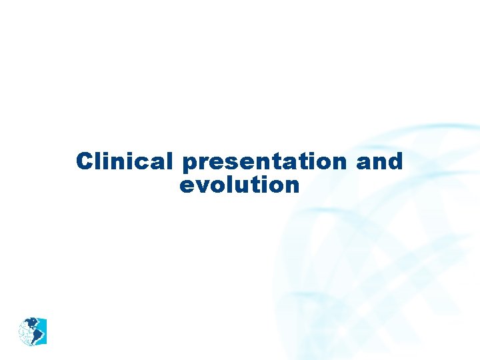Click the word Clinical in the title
124,161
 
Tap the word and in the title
380,161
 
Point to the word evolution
239,185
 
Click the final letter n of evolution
292,185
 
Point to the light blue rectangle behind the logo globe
43,322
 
